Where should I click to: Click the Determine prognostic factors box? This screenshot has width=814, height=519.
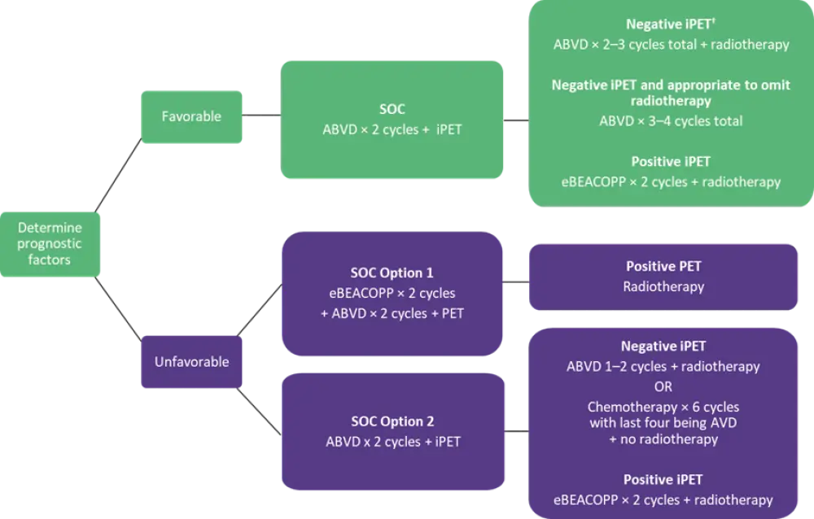(50, 244)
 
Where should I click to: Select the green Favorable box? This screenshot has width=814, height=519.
(190, 116)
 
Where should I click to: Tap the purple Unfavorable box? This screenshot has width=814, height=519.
(191, 361)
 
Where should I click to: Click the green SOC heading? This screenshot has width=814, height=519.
(393, 107)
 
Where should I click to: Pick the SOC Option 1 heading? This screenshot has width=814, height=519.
(392, 273)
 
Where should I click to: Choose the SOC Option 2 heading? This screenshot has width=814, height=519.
(392, 421)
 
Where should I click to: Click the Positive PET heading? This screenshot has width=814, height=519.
(663, 266)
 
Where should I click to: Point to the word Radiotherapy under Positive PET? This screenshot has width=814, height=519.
(663, 286)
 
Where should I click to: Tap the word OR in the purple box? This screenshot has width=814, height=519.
(663, 386)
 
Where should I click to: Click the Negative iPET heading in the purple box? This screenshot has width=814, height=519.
(663, 347)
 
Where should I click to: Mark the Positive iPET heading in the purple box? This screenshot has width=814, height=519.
(663, 480)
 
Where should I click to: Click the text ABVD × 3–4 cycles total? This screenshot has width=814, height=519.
(671, 121)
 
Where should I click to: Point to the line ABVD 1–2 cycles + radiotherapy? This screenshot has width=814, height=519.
(663, 366)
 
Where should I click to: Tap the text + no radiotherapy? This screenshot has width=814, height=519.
(663, 439)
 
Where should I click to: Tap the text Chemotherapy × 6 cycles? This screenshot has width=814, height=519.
(663, 407)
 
